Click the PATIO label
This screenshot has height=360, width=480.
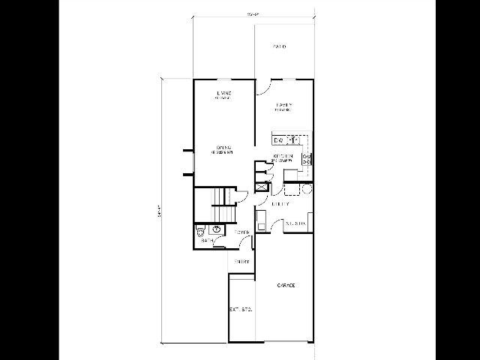point(280,46)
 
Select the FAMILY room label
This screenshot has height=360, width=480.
point(283,105)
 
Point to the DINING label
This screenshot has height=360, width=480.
point(223,147)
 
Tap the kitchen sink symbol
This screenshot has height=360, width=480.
point(295,139)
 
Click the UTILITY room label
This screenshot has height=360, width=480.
point(281,202)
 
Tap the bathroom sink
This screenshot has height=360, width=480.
point(217,229)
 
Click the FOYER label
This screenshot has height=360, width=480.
point(243,232)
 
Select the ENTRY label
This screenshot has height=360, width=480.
point(241,261)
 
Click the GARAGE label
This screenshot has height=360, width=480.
point(285,286)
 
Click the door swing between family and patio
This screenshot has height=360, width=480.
point(262,87)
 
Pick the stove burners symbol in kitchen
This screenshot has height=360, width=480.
point(306,158)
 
